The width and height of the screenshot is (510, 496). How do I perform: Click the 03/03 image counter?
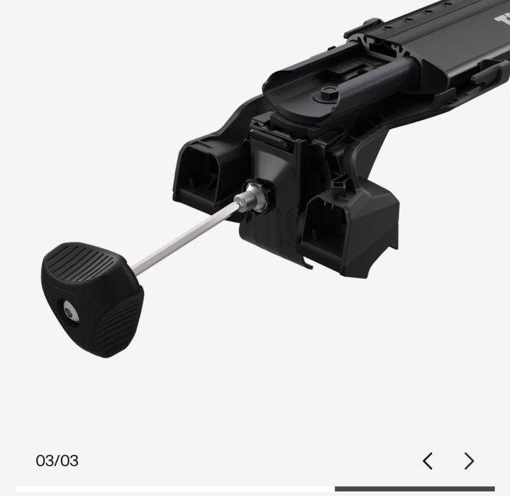[57, 461]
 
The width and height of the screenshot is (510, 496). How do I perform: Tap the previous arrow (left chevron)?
[428, 461]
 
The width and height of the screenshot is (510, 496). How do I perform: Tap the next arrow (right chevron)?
[469, 461]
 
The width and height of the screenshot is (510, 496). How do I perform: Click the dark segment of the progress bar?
[415, 488]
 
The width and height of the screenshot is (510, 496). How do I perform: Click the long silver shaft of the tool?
[184, 238]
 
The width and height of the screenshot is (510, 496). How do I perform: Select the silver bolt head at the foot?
[251, 199]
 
